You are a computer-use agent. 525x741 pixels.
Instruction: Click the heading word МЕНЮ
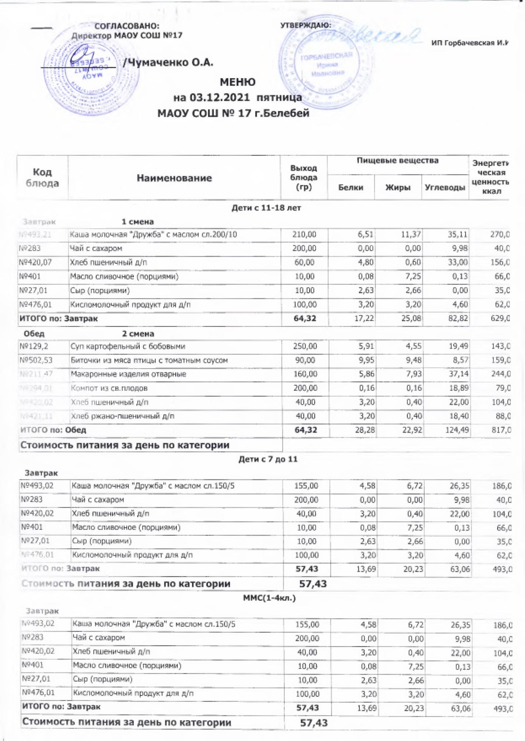[x=237, y=82]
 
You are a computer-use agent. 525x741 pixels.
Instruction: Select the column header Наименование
[x=174, y=178]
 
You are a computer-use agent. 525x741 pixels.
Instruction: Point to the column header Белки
[x=351, y=187]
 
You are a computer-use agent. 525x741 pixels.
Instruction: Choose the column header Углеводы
[x=445, y=187]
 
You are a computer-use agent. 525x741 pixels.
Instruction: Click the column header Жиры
[x=398, y=187]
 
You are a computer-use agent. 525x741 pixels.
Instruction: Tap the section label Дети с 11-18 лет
[x=266, y=208]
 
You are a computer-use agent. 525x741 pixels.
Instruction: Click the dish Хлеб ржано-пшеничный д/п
[x=122, y=416]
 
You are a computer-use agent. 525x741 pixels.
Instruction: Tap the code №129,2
[x=34, y=346]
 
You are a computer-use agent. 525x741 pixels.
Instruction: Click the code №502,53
[x=36, y=360]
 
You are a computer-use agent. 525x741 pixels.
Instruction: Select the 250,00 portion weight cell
[x=305, y=346]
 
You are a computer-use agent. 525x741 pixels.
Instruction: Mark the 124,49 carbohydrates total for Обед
[x=456, y=430]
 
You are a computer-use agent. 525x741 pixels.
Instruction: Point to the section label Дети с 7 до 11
[x=268, y=459]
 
